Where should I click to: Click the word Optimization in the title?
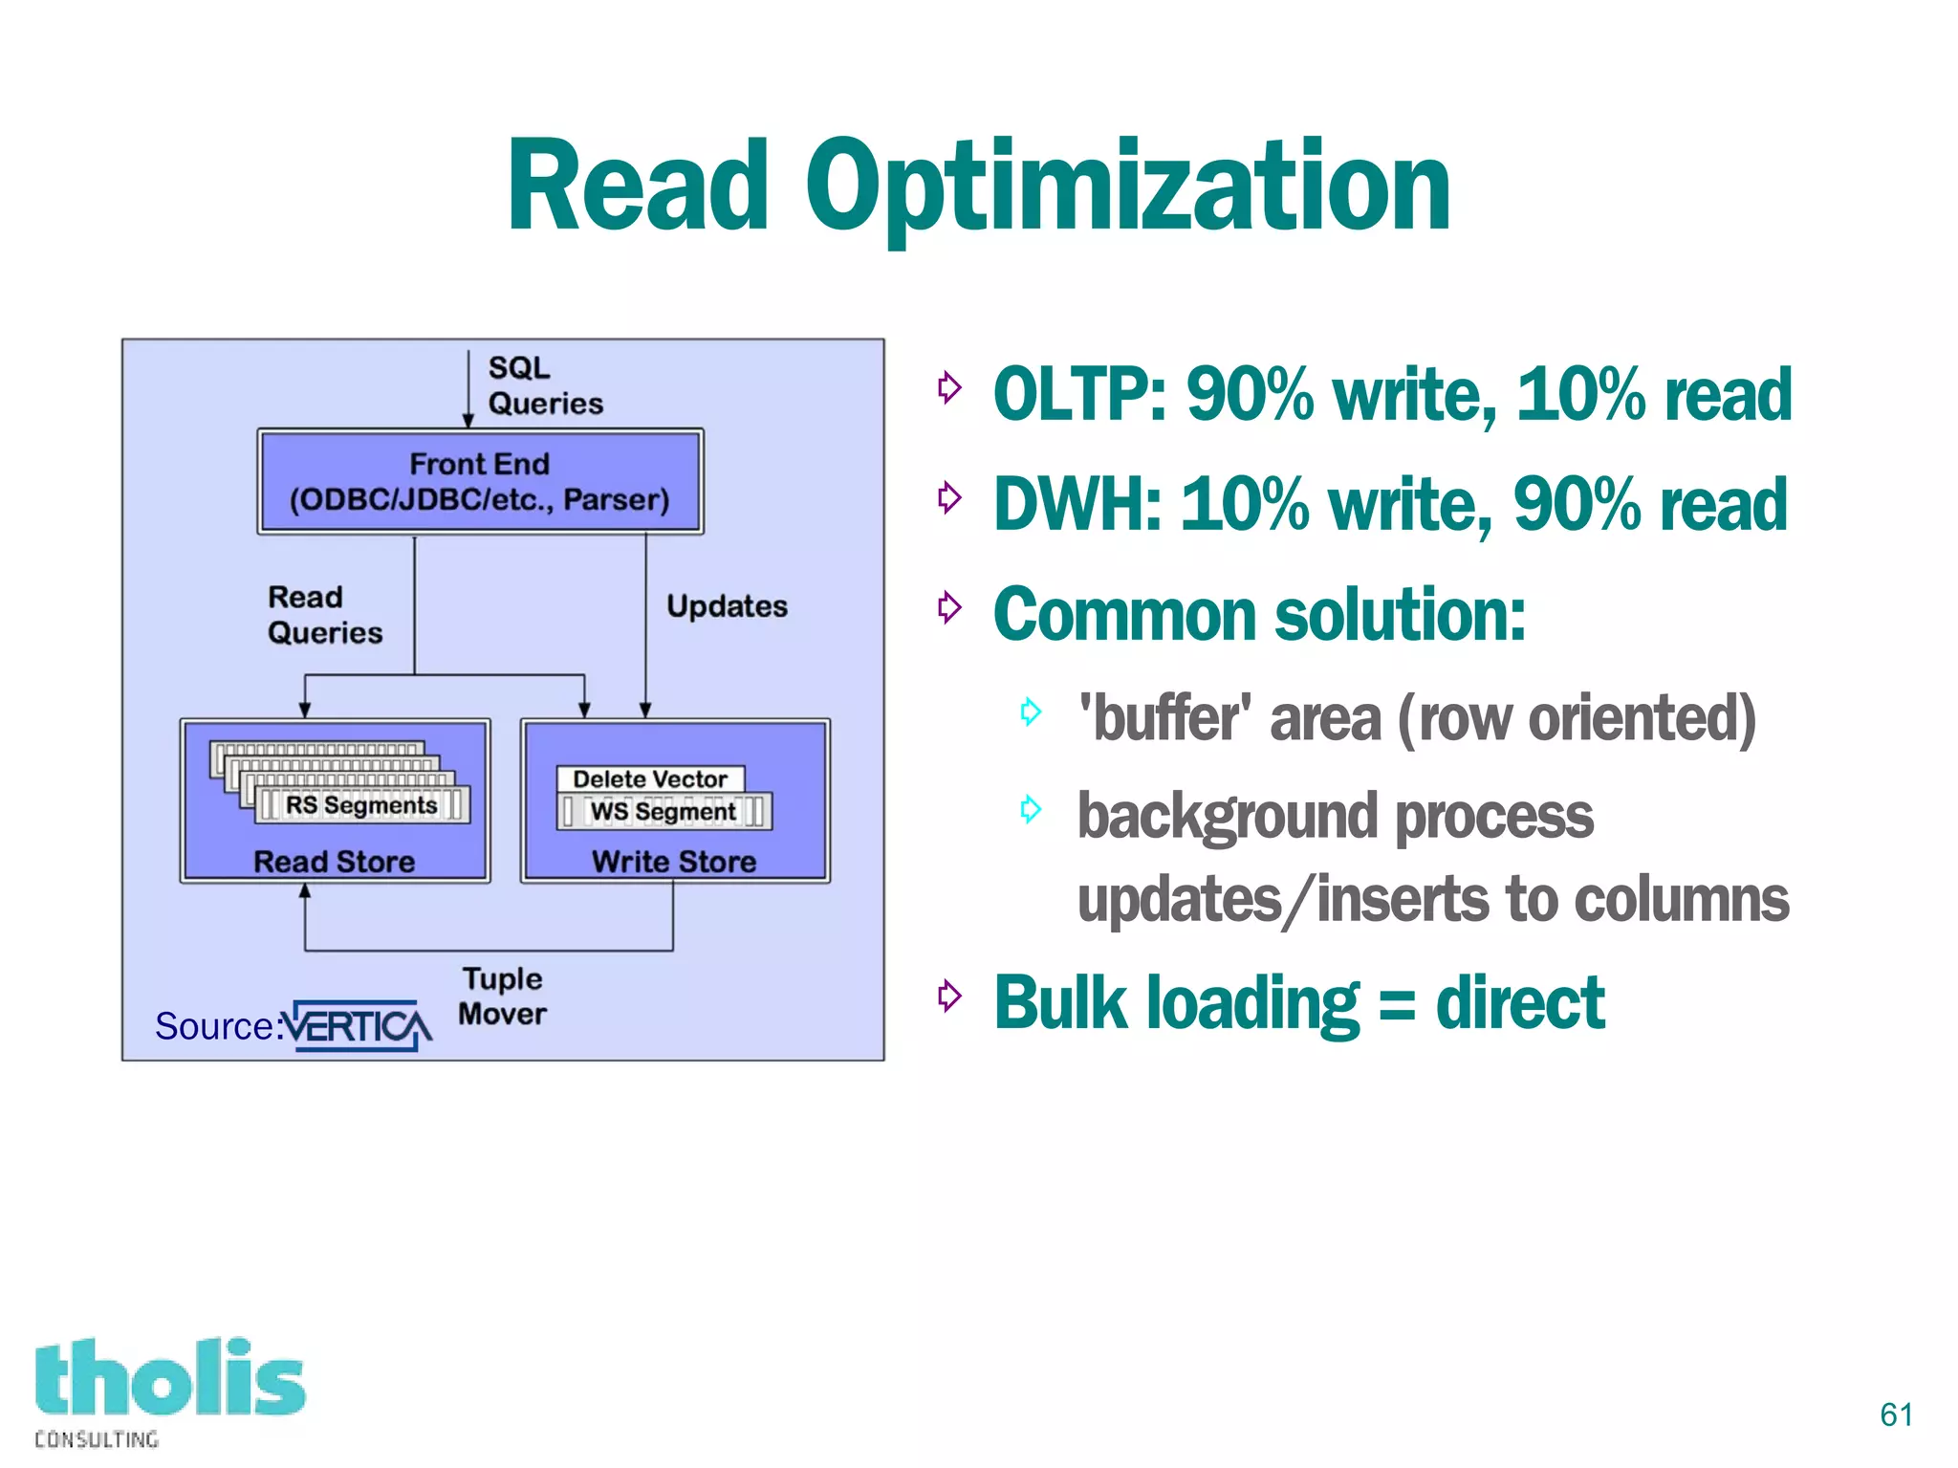[x=1128, y=186]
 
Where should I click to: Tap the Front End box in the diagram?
[x=480, y=481]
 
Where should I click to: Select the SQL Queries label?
[x=544, y=385]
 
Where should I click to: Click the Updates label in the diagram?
[x=727, y=606]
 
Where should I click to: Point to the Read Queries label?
[x=324, y=615]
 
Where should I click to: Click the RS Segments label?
[x=361, y=805]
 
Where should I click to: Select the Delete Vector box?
[x=650, y=778]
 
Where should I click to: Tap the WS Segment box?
[x=664, y=811]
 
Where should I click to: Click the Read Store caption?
[x=334, y=862]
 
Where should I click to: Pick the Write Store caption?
[x=674, y=862]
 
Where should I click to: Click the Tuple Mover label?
[x=503, y=996]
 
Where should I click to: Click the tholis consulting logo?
[x=169, y=1390]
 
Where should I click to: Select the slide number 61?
[x=1896, y=1414]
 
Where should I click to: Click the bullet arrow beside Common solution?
[x=948, y=606]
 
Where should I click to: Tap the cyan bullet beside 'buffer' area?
[x=1030, y=712]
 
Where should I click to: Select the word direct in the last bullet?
[x=1519, y=1003]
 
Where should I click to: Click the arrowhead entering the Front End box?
[x=468, y=421]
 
